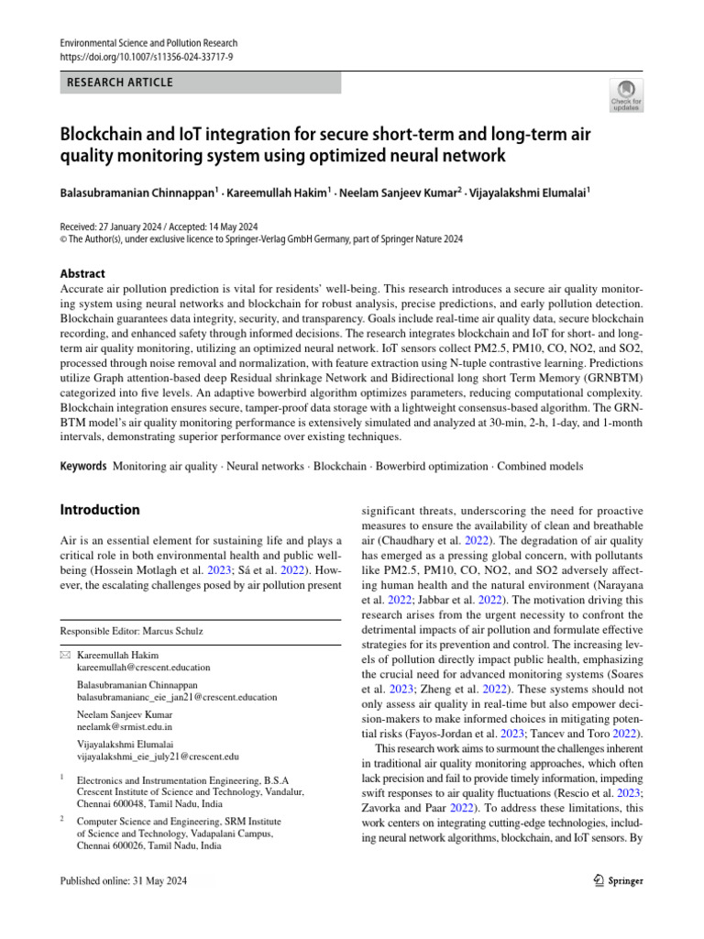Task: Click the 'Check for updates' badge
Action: [x=626, y=94]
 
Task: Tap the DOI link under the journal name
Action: [x=147, y=57]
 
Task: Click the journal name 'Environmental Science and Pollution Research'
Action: [x=148, y=43]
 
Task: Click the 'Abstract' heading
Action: [x=82, y=273]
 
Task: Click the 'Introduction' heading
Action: [x=100, y=510]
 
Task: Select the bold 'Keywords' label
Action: [x=83, y=466]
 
